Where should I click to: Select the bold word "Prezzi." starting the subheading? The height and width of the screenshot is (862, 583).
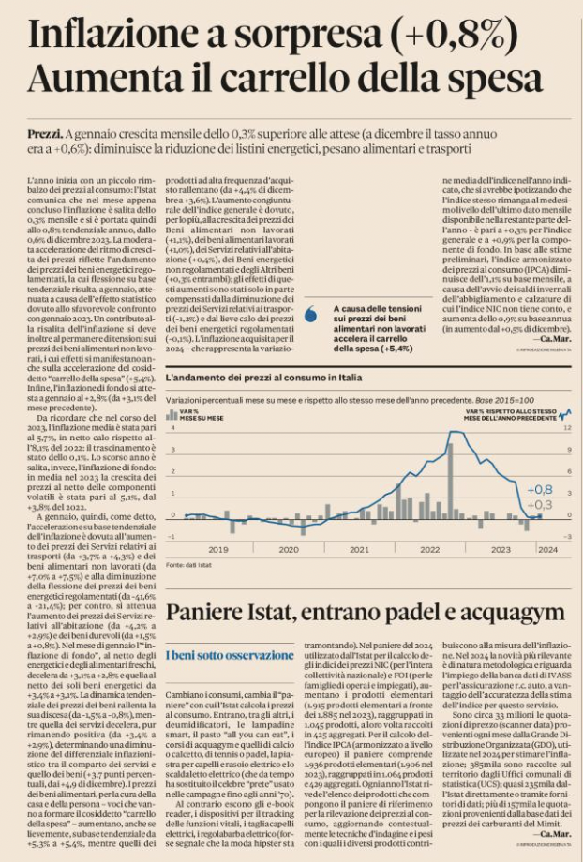pos(44,135)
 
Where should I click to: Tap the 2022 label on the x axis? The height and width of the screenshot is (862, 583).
pos(429,549)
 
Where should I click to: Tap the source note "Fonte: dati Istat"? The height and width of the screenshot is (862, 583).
pos(187,566)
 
